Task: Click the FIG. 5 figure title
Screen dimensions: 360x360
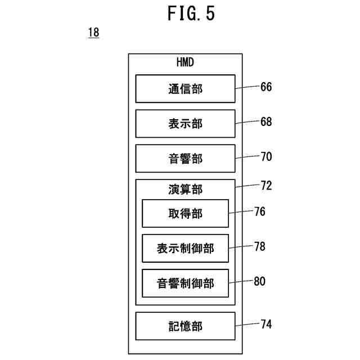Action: [191, 13]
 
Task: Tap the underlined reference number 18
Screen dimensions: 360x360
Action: [94, 33]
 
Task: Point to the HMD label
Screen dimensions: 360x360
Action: [185, 62]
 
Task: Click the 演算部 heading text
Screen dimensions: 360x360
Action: [185, 190]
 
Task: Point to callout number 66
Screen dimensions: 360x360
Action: [266, 87]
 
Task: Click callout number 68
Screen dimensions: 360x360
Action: [266, 121]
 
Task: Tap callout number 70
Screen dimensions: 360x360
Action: [266, 156]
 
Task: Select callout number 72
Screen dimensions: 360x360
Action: [266, 186]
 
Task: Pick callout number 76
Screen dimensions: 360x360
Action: [260, 211]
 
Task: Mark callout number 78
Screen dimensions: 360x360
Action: [260, 246]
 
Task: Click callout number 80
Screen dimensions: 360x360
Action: [260, 281]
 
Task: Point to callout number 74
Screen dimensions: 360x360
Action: [266, 324]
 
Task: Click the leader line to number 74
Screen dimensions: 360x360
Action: [247, 325]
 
